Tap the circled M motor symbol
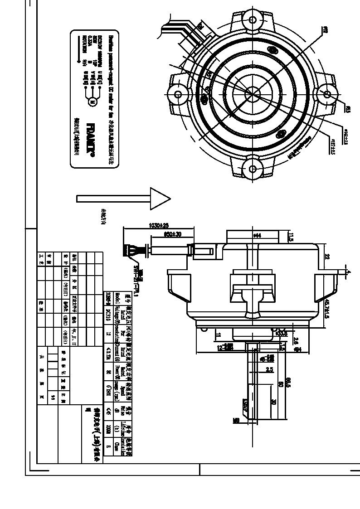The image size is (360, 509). pos(92,101)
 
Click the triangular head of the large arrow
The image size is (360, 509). pos(159,199)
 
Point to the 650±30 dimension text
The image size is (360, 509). pos(172,234)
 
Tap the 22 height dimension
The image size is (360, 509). pos(326,256)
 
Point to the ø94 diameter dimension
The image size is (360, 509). pos(299,350)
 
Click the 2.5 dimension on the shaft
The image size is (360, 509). pos(269,370)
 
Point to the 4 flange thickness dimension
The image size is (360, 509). pos(349,271)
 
